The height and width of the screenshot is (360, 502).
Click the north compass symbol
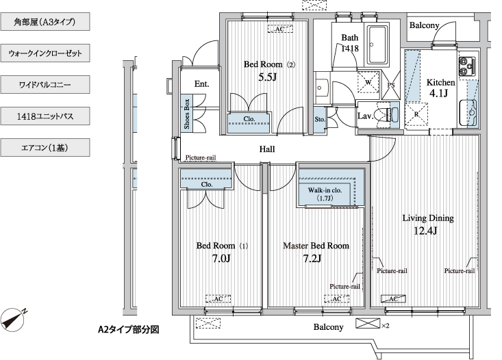click(x=13, y=320)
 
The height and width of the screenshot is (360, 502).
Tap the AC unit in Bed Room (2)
click(x=280, y=29)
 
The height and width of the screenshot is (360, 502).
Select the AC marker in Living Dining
click(x=393, y=298)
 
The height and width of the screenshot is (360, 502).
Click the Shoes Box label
click(x=187, y=114)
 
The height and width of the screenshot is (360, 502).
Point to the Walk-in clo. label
click(x=325, y=194)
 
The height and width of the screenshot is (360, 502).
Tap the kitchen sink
click(x=468, y=113)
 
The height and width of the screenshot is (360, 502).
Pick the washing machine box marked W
click(x=368, y=82)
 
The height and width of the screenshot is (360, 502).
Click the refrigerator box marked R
click(x=416, y=114)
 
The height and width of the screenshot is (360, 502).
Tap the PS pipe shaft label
click(x=391, y=85)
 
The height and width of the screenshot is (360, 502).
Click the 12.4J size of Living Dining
click(x=425, y=231)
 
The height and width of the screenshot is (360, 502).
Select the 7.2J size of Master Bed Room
click(x=312, y=258)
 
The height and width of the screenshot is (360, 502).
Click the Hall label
click(x=267, y=149)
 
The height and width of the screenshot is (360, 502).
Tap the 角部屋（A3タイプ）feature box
click(x=45, y=22)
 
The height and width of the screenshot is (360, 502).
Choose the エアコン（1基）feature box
click(x=45, y=148)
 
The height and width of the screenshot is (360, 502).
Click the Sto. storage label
click(x=320, y=119)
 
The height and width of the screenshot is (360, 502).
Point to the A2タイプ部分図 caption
click(x=128, y=329)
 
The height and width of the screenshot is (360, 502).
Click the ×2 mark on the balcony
click(x=386, y=326)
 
